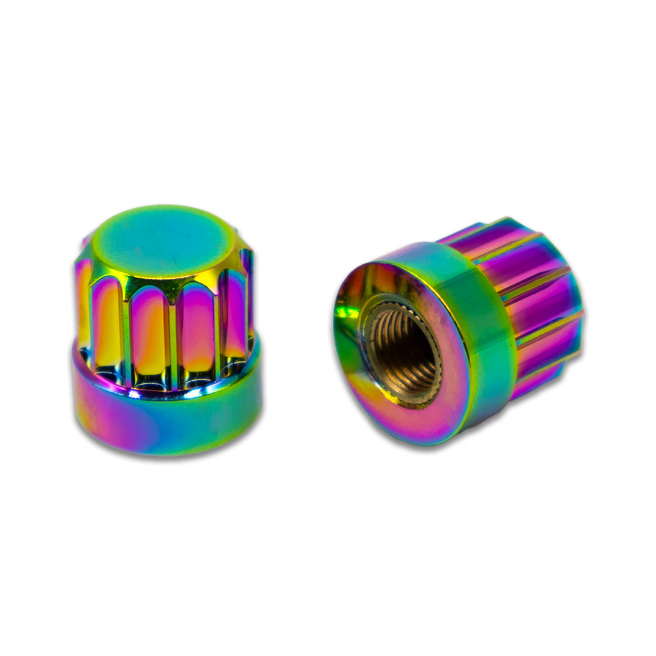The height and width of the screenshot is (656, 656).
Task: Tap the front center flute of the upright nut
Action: [149, 331]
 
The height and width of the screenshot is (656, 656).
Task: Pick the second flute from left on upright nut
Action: [108, 325]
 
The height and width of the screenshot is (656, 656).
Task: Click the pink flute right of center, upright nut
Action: [197, 328]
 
